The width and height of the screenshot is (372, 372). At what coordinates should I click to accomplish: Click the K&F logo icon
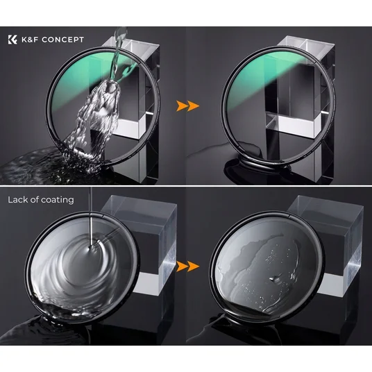click(x=12, y=40)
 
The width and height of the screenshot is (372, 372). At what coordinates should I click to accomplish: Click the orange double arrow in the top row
click(x=187, y=105)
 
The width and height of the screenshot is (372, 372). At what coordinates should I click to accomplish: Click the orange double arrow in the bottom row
click(x=187, y=267)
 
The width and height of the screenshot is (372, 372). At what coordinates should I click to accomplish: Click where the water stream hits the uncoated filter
click(x=91, y=248)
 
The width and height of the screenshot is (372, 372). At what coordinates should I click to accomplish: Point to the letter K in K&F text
click(x=24, y=40)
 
